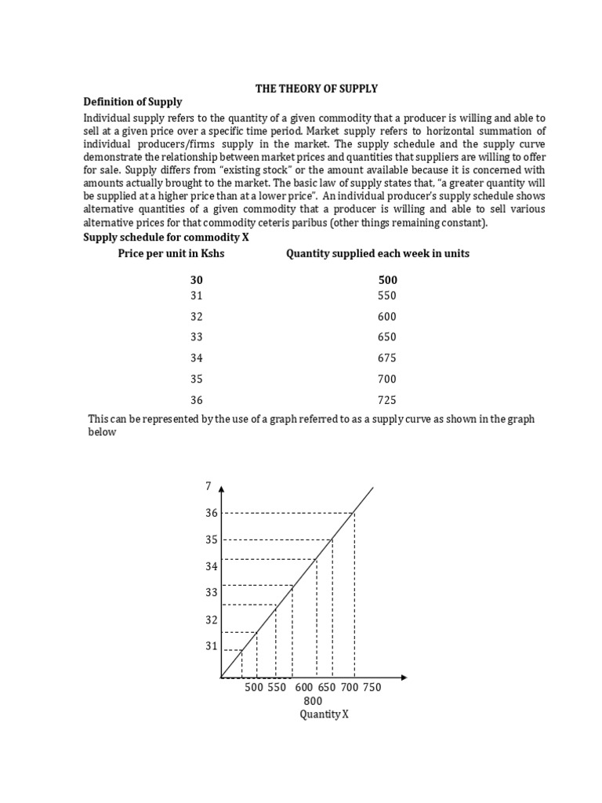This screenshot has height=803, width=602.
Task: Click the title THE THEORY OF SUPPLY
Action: coord(311,89)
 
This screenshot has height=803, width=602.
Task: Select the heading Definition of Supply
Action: coord(132,102)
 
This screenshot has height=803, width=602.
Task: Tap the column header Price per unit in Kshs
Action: coord(171,253)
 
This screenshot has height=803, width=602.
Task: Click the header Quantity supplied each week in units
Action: coord(378,253)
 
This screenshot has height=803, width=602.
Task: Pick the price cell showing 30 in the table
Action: coord(196,280)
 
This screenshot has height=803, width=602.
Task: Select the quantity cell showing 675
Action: coord(387,358)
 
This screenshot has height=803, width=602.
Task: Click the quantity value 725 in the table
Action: coord(387,399)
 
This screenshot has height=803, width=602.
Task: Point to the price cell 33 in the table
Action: coord(196,337)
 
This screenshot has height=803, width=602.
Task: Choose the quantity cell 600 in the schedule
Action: coord(387,317)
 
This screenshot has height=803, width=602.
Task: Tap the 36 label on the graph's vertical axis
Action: coord(211,513)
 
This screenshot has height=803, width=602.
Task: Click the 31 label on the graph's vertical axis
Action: coord(211,646)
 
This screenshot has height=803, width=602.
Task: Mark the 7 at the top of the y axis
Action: coord(209,486)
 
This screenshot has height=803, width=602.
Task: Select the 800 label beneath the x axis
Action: coord(312,700)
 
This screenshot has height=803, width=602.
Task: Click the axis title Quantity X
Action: coord(324,714)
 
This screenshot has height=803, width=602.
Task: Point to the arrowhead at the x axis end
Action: coord(403,677)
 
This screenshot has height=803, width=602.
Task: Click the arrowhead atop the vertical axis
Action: coord(222,489)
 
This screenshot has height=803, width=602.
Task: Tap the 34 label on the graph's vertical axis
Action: coord(211,566)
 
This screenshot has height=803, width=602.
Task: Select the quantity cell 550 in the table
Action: coord(387,296)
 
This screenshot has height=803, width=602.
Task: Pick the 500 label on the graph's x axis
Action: coord(254,687)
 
